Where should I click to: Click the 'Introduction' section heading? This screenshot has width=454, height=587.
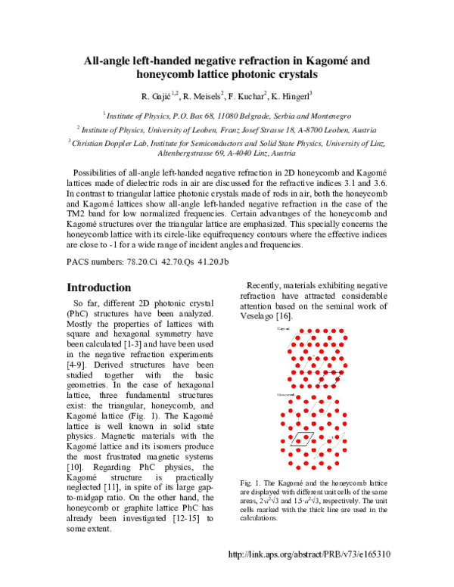pyautogui.click(x=99, y=287)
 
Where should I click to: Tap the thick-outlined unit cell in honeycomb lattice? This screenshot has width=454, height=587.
pyautogui.click(x=301, y=439)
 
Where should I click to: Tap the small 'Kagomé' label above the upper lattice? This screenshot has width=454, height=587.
pyautogui.click(x=285, y=331)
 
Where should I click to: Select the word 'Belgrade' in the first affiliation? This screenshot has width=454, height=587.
pyautogui.click(x=254, y=117)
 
